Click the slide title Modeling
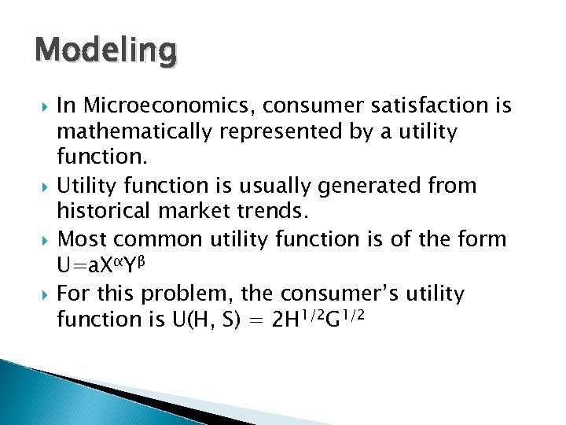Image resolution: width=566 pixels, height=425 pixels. point(106,51)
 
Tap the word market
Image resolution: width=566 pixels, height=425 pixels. point(187,212)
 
